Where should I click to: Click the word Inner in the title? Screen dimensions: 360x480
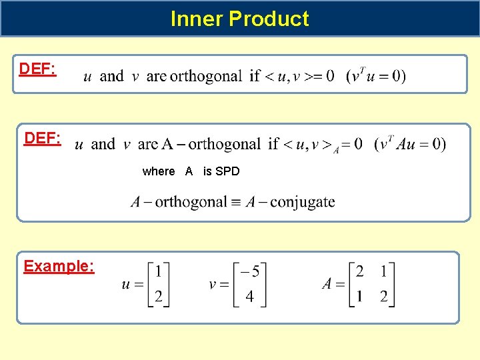[x=197, y=19]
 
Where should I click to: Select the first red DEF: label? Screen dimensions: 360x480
[x=37, y=69]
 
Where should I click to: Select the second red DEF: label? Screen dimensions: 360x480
[x=43, y=138]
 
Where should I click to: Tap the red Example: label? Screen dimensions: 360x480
[x=59, y=267]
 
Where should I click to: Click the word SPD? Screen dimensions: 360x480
[x=227, y=171]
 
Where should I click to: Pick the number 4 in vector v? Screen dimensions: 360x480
[x=250, y=296]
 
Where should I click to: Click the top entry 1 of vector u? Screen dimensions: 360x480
[x=158, y=271]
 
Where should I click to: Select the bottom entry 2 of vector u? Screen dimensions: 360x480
[x=158, y=296]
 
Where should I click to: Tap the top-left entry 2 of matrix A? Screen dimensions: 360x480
[x=360, y=271]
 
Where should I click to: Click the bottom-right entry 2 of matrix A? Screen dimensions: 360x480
[x=383, y=296]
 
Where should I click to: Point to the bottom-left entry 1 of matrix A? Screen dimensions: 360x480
[x=360, y=296]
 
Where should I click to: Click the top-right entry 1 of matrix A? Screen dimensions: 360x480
[x=383, y=271]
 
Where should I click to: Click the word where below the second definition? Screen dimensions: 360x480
[x=159, y=171]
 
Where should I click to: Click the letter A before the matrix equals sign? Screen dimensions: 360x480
[x=327, y=284]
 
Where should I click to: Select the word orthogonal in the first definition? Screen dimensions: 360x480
[x=206, y=76]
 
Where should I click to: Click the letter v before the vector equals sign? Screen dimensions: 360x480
[x=213, y=285]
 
